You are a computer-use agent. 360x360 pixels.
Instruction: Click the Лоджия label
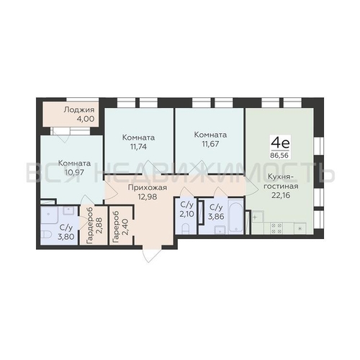79,110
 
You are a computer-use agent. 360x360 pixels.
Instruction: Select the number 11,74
138,147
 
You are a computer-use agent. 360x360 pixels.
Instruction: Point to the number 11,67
210,144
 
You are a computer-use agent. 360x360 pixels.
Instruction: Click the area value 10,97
74,172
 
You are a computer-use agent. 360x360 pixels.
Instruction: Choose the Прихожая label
148,187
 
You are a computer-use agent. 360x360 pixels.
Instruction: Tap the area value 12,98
148,197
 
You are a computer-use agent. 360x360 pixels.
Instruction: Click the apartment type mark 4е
280,143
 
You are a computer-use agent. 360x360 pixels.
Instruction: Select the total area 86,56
279,156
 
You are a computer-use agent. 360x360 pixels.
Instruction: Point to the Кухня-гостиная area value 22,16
281,195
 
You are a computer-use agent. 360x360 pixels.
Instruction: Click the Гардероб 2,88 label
94,225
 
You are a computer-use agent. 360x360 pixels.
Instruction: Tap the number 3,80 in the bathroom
66,237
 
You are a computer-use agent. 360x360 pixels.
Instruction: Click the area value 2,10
186,214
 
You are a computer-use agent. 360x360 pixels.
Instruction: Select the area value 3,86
217,216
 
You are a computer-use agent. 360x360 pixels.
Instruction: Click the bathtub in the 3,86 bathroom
235,215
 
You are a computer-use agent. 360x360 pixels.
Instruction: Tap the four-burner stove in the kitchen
276,228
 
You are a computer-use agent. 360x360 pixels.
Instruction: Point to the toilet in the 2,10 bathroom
186,228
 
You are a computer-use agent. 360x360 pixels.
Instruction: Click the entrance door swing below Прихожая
150,254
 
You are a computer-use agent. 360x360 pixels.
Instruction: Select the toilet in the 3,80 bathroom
46,235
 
